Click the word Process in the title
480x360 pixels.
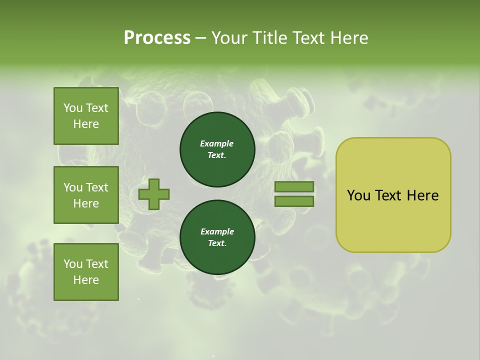157,38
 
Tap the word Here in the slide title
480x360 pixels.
349,38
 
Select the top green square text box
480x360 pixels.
86,116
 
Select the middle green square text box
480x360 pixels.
86,195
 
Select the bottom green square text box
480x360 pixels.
86,272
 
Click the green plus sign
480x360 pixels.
154,194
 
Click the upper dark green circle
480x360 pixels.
217,149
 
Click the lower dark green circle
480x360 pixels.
217,237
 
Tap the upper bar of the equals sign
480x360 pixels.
294,187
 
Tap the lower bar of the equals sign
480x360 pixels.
294,201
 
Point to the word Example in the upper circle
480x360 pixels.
217,144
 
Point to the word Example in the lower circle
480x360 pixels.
217,232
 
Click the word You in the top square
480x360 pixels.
72,108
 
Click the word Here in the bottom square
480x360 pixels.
86,280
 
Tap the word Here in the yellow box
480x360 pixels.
422,195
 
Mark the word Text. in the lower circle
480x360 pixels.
217,243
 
